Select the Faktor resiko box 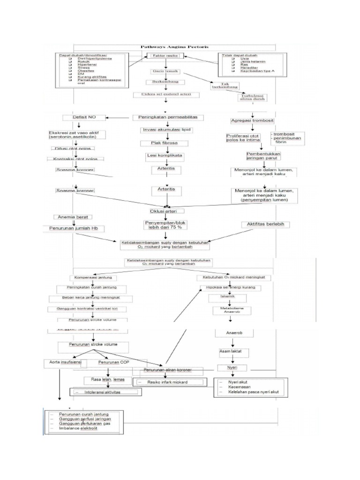(x=165, y=56)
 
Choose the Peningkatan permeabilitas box (x=167, y=117)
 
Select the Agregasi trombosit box (x=253, y=120)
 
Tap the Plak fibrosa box (x=163, y=143)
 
